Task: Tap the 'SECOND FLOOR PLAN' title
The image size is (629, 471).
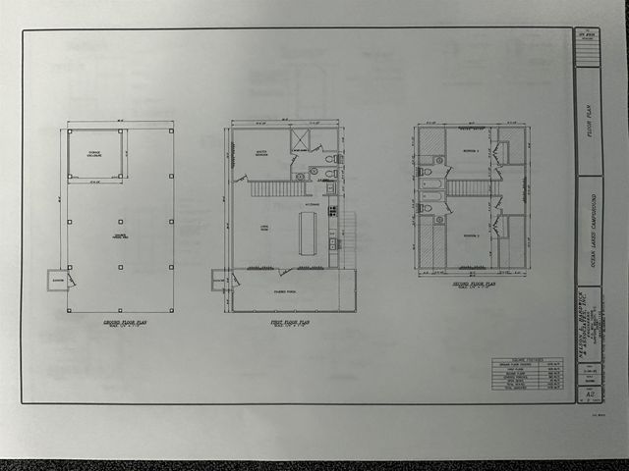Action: click(472, 286)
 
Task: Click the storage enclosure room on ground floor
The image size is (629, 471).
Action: click(94, 154)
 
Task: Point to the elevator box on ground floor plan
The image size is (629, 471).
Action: click(57, 280)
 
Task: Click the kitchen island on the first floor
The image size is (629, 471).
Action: click(308, 234)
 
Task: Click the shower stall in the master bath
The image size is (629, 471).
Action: click(300, 139)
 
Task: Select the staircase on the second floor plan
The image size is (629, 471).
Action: click(469, 187)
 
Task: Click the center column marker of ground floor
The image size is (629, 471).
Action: click(120, 222)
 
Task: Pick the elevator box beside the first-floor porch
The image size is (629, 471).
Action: click(218, 280)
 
